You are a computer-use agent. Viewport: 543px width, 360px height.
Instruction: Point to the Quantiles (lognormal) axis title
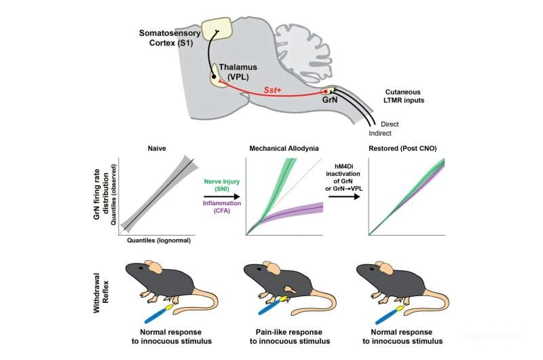pos(157,240)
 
